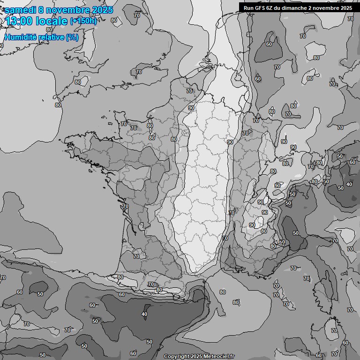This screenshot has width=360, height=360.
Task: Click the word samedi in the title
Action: pyautogui.click(x=19, y=9)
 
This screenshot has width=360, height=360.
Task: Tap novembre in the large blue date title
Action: pyautogui.click(x=67, y=9)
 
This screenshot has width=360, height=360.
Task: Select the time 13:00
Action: pyautogui.click(x=18, y=21)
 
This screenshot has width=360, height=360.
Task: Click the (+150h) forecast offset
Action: pyautogui.click(x=83, y=21)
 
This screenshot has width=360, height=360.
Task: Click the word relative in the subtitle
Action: pyautogui.click(x=51, y=37)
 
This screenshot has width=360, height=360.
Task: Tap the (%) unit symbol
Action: pyautogui.click(x=72, y=37)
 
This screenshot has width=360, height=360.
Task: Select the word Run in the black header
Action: pyautogui.click(x=249, y=7)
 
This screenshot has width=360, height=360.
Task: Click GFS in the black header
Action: pyautogui.click(x=261, y=7)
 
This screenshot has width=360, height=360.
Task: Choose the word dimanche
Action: pyautogui.click(x=296, y=7)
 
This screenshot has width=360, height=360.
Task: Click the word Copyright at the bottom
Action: pyautogui.click(x=176, y=357)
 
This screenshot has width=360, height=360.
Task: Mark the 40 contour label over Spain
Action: pyautogui.click(x=144, y=315)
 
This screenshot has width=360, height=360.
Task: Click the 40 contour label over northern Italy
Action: pyautogui.click(x=349, y=185)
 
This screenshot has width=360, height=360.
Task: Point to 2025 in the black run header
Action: pyautogui.click(x=346, y=7)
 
